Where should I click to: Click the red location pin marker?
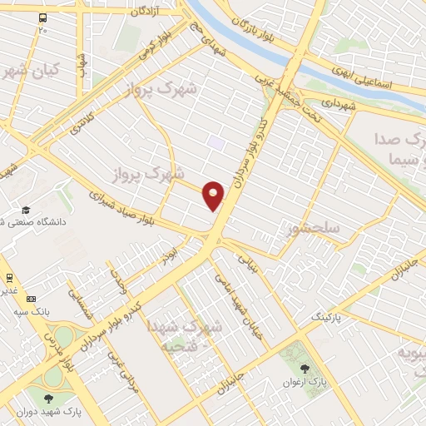[214, 196]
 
